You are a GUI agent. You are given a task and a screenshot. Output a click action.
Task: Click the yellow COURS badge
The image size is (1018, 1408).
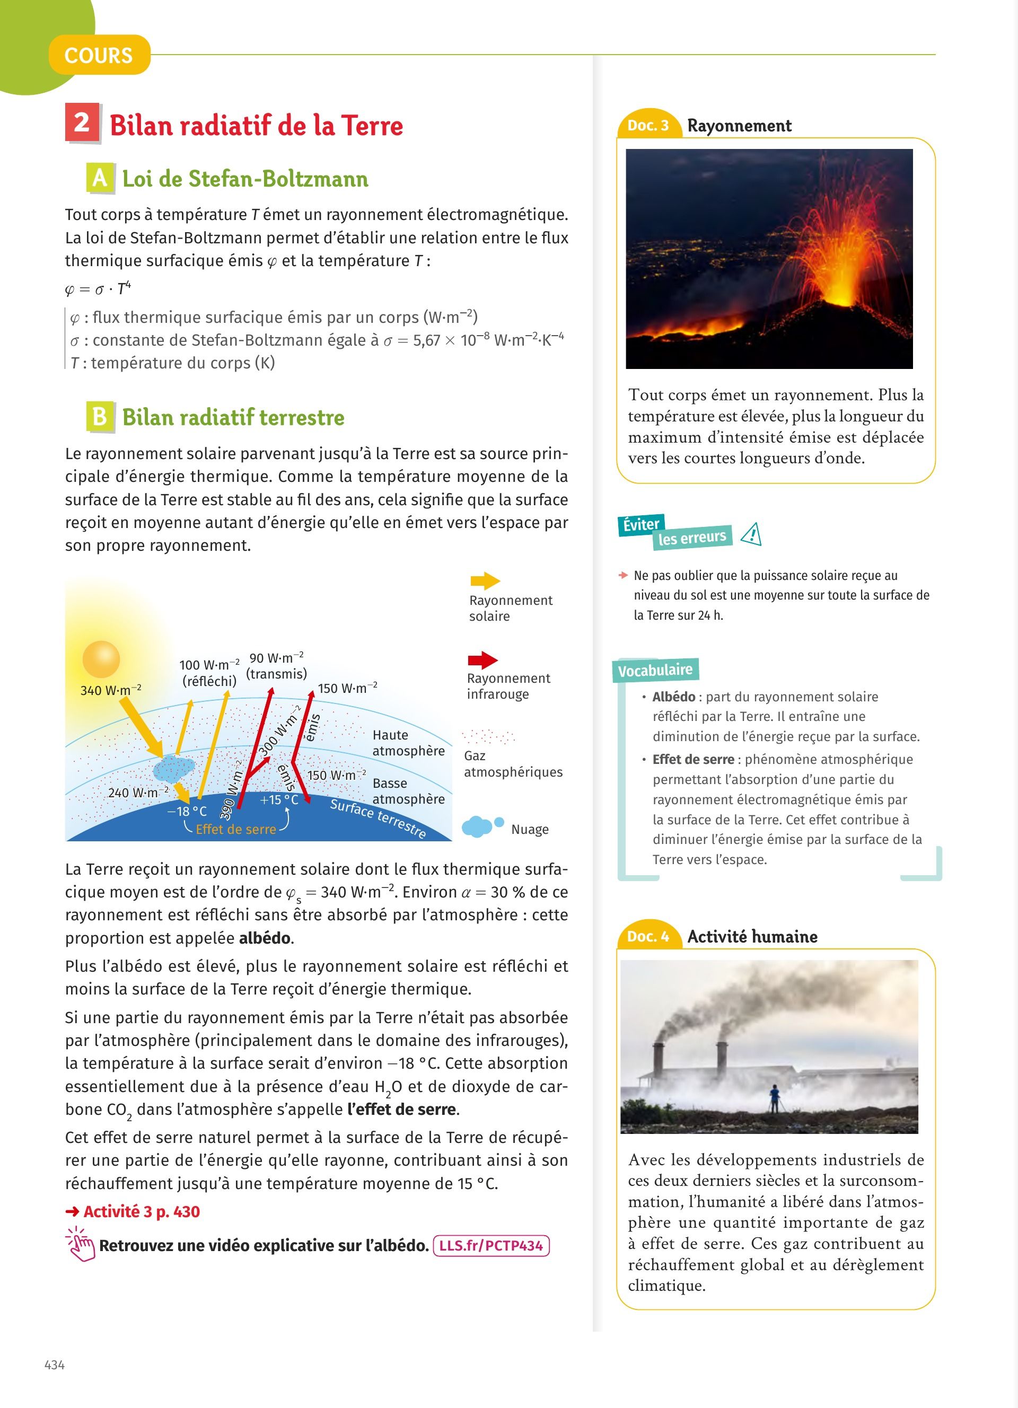coord(99,55)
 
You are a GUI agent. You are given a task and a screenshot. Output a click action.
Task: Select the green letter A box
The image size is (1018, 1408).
coord(100,178)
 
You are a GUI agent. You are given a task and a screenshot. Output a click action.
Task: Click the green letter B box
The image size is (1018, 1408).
coord(100,416)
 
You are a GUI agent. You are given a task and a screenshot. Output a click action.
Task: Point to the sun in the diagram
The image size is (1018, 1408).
coord(101,659)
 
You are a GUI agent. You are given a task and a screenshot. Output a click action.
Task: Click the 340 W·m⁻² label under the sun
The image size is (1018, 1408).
coord(110,690)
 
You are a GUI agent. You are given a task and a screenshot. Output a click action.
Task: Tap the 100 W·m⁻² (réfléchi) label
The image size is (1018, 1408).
coord(209,673)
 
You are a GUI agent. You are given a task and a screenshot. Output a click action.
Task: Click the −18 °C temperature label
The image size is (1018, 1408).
coord(187,811)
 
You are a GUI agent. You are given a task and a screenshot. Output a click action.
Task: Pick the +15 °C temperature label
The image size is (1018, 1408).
coord(279,799)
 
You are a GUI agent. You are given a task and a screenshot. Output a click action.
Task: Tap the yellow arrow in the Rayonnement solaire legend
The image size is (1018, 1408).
coord(485,581)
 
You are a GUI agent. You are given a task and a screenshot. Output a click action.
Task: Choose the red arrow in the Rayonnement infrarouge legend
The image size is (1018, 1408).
coord(482,660)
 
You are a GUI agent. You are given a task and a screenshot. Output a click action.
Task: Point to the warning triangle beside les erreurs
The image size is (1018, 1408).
coord(752,534)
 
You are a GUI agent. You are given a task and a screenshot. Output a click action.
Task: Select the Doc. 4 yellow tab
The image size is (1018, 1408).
coord(647,936)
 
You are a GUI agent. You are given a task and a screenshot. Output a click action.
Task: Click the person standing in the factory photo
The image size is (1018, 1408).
coord(774,1098)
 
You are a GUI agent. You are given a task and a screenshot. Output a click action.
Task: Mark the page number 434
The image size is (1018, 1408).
coord(55,1365)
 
